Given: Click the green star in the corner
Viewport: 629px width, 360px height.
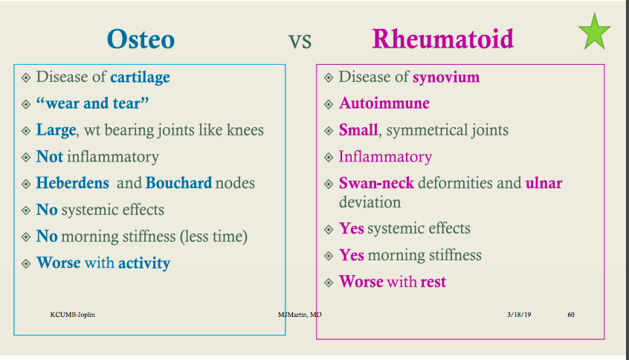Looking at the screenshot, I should (594, 34).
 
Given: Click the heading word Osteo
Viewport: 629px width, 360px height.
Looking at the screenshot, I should (141, 39).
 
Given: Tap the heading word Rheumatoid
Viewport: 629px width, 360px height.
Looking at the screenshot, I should (442, 39).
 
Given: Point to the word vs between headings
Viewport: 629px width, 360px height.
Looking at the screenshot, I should (300, 40).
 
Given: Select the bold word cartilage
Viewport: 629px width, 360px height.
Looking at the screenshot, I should (140, 77).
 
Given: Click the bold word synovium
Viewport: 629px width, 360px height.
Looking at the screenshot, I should (446, 77).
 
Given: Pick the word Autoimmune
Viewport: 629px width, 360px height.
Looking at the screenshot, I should (384, 103).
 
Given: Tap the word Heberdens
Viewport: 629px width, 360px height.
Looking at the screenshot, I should (73, 183).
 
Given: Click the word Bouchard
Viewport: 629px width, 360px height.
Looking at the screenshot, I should (178, 183).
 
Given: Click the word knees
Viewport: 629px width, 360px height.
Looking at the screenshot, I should (245, 130).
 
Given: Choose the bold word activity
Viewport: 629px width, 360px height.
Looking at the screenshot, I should (144, 263).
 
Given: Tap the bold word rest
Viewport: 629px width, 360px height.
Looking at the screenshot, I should (433, 282).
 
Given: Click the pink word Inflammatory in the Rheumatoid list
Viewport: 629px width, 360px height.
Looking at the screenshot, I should (384, 157).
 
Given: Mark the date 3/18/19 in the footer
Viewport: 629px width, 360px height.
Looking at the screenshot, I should (519, 315).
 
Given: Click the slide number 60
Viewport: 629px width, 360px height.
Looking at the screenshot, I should (571, 315).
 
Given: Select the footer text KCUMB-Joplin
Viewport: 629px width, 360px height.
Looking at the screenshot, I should (72, 315).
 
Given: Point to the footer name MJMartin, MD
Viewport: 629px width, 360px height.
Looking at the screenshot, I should (300, 315).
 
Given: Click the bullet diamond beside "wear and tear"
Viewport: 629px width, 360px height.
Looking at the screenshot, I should (26, 104).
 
